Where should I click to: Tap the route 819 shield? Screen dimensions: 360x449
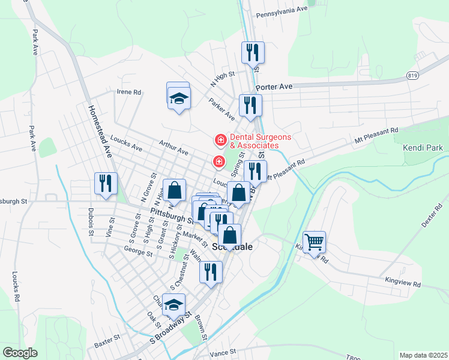(412, 76)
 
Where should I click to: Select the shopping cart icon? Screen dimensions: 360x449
(314, 242)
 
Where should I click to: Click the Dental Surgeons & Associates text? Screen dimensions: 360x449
(255, 141)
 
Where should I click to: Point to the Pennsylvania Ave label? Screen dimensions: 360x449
(282, 13)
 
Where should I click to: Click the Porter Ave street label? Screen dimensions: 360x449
(274, 87)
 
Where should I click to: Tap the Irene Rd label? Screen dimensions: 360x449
(129, 92)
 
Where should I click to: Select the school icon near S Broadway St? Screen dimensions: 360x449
(174, 304)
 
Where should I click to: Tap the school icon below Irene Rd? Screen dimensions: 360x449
(179, 97)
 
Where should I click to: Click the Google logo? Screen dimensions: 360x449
(20, 353)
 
